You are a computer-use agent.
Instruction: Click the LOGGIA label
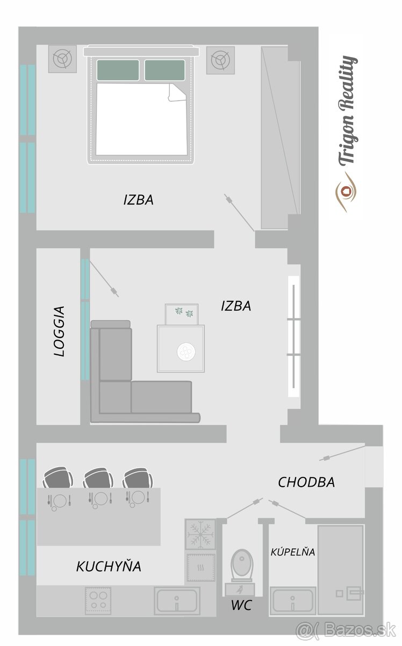pos(59,331)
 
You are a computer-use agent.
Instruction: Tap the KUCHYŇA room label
pos(109,566)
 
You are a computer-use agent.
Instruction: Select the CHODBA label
pos(306,482)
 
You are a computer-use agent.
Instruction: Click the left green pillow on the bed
pos(118,70)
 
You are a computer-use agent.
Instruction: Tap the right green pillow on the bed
pos(164,70)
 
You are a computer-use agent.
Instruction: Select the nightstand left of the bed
pos(62,59)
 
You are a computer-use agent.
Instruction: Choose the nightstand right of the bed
pos(220,60)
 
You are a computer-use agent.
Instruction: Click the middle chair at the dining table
pos(98,478)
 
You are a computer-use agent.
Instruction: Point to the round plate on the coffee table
pos(186,352)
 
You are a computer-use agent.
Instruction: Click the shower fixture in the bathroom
pos(350,593)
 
